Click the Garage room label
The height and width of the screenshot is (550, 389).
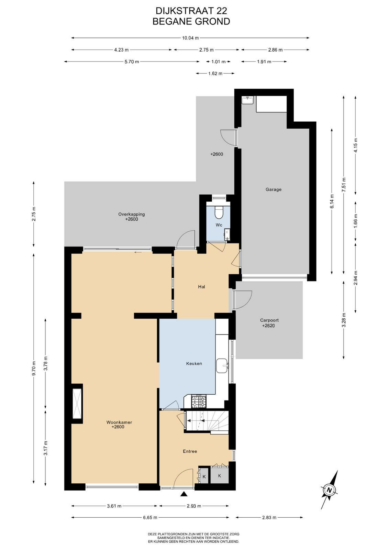click(x=274, y=189)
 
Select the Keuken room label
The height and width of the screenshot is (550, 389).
click(x=194, y=363)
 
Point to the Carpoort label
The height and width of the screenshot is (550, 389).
click(x=269, y=320)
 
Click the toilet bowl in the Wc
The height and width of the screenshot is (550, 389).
click(x=219, y=212)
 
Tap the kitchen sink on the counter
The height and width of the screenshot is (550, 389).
click(x=222, y=366)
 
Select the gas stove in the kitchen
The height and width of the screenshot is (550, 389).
click(x=199, y=401)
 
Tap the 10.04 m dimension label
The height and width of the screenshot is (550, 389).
click(x=190, y=38)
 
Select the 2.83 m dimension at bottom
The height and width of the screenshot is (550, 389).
click(x=269, y=517)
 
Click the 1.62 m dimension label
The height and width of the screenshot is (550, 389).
click(x=215, y=73)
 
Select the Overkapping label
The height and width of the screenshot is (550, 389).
click(x=131, y=214)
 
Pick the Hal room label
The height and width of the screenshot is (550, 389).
click(x=201, y=287)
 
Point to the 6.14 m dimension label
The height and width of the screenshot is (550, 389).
click(x=332, y=201)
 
